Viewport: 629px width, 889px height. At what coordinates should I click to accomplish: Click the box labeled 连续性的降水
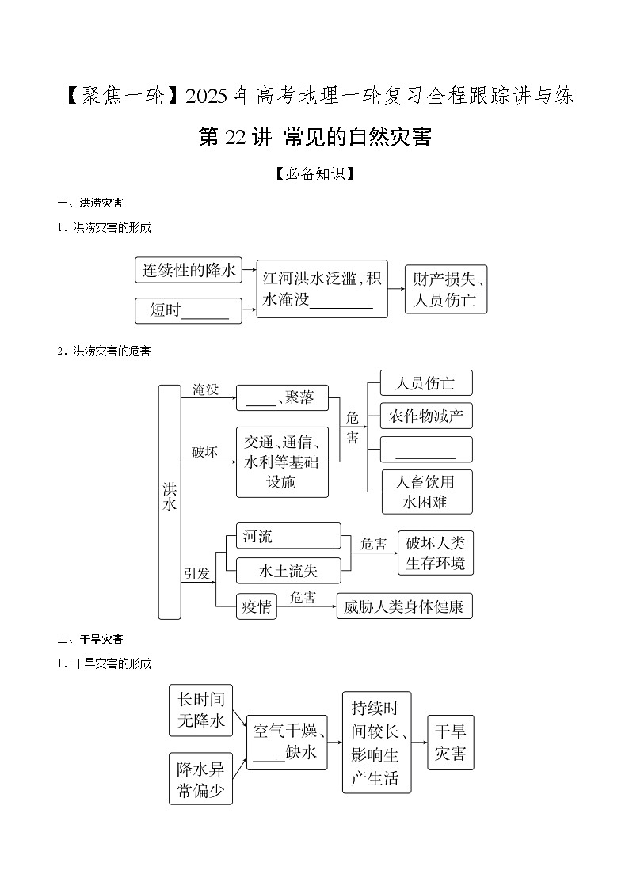(189, 270)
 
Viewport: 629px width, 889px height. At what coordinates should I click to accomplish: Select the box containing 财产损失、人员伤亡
(445, 289)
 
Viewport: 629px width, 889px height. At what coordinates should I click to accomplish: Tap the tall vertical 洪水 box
(170, 501)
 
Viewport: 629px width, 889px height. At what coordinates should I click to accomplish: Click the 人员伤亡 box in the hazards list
(425, 383)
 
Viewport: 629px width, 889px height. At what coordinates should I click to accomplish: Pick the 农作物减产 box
(425, 416)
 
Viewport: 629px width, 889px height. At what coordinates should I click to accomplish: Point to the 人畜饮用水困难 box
(425, 492)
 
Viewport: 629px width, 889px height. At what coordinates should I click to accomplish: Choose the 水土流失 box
(288, 570)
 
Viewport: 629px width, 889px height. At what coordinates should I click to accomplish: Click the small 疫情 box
(257, 606)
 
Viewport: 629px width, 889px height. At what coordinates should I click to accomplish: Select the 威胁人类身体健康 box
(404, 606)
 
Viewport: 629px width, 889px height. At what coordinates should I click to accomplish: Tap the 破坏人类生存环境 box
(435, 553)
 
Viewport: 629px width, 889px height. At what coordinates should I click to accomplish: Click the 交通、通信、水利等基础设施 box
(282, 462)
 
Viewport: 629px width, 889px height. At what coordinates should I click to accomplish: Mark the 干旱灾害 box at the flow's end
(450, 742)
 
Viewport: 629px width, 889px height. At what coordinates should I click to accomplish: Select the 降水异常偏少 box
(200, 779)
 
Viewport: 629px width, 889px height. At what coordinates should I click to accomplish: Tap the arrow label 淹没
(205, 389)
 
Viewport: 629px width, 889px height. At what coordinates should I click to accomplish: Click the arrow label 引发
(196, 573)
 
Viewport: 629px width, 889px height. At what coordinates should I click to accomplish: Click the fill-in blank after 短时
(205, 312)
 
